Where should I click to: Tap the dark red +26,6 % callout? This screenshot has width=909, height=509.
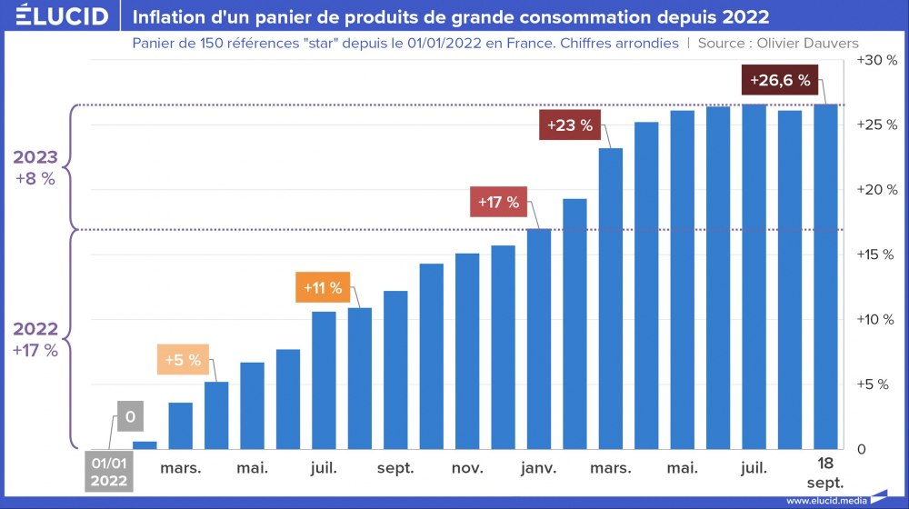(x=779, y=80)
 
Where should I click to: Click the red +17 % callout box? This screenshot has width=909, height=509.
(x=498, y=202)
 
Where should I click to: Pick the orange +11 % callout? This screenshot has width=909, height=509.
(x=323, y=288)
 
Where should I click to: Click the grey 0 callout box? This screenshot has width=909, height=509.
(x=130, y=417)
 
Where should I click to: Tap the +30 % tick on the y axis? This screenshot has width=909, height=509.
(x=876, y=60)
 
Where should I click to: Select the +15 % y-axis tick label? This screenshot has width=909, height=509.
(x=876, y=254)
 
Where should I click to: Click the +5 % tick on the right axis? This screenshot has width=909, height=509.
(x=876, y=384)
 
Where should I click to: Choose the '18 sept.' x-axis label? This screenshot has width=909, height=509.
(x=825, y=473)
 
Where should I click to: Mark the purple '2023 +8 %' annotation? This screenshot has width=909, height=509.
(x=35, y=167)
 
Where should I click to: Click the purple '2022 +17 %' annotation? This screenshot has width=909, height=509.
(x=35, y=339)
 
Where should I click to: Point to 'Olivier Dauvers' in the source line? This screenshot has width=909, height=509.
(x=810, y=44)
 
